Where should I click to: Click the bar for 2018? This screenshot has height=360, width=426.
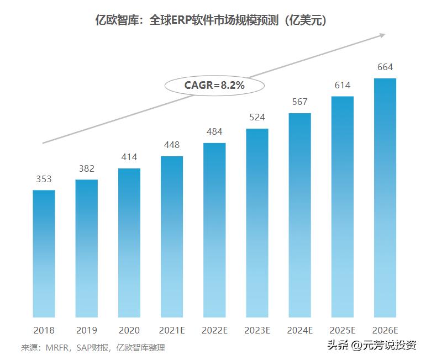(x=44, y=253)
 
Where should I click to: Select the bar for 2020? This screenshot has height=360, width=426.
(x=129, y=242)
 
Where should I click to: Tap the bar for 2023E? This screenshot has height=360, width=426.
(x=257, y=223)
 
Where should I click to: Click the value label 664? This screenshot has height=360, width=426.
(x=385, y=67)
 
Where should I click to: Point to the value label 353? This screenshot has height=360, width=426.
(x=44, y=179)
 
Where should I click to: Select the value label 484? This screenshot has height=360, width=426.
(x=214, y=132)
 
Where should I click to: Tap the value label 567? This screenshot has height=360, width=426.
(x=300, y=102)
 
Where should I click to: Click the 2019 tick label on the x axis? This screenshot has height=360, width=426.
(x=86, y=330)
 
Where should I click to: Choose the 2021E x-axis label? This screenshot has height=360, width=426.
(x=172, y=330)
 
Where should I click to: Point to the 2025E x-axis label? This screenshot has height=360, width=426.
(x=343, y=330)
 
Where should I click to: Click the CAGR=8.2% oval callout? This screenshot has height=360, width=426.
(x=214, y=86)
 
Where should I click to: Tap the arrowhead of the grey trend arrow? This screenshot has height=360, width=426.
(x=382, y=35)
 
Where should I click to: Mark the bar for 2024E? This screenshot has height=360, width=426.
(x=300, y=215)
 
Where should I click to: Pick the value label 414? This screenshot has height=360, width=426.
(x=129, y=157)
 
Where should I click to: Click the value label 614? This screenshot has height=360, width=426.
(x=343, y=86)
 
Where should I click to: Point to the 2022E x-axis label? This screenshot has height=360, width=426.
(x=214, y=330)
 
